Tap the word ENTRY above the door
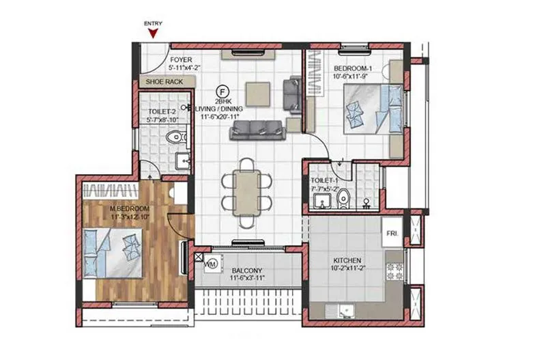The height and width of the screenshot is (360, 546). tap(152, 23)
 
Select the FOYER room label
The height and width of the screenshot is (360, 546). tap(181, 59)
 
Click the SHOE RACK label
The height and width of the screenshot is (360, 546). tap(164, 82)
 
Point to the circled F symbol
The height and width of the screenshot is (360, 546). tap(222, 89)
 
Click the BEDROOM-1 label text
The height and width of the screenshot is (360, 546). tap(353, 68)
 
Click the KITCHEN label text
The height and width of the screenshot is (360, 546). tap(347, 260)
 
